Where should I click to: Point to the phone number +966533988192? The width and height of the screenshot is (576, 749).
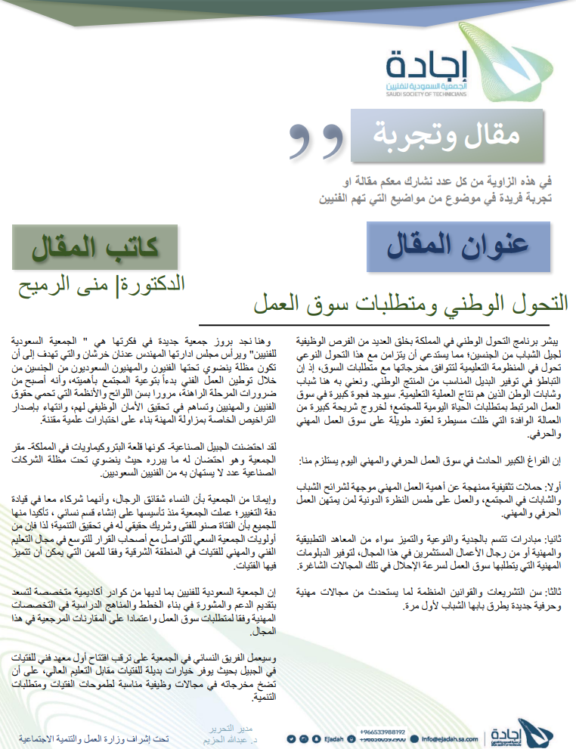point(382,731)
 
